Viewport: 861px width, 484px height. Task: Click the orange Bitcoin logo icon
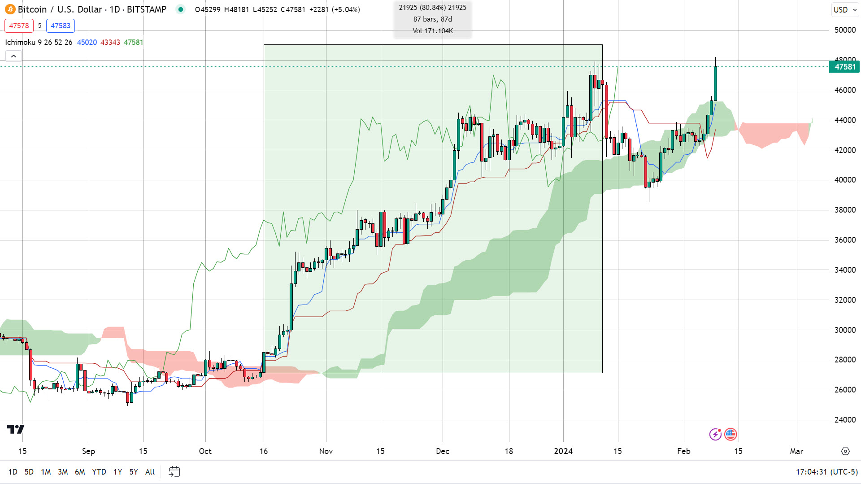coord(10,9)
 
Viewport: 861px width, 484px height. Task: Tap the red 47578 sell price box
coord(19,26)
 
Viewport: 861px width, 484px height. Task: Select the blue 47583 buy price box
coord(61,26)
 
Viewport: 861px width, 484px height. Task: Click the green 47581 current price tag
coord(845,67)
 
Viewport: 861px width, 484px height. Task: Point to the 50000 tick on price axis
coord(845,30)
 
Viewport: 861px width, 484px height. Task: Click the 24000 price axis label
coord(845,420)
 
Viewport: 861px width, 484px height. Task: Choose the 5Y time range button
coord(134,472)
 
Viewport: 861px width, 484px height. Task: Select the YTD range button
coord(99,472)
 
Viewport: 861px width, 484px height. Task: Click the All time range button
coord(150,472)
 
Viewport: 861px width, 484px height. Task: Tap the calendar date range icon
coord(174,472)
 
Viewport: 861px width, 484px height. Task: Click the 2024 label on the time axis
coord(563,451)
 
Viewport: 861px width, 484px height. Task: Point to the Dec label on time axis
coord(443,451)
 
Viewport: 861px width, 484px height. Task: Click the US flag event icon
coord(731,434)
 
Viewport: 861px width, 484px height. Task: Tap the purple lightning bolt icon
coord(715,434)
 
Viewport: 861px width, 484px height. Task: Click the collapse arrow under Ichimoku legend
coord(13,56)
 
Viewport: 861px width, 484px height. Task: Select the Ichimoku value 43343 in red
coord(110,42)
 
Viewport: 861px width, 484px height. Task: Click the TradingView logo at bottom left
coord(16,429)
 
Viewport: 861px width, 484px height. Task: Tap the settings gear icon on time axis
coord(845,451)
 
